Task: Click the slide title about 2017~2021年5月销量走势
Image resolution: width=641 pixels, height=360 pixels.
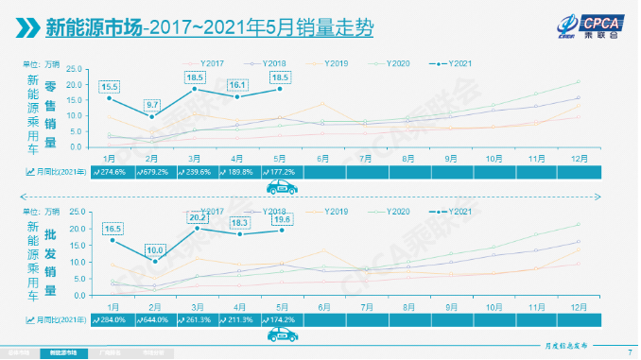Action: pyautogui.click(x=209, y=29)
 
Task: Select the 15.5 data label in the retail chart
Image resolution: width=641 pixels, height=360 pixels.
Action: pyautogui.click(x=110, y=86)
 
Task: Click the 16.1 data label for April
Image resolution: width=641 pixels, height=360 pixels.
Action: pyautogui.click(x=237, y=84)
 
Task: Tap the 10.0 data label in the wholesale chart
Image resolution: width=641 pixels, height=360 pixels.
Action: pyautogui.click(x=154, y=249)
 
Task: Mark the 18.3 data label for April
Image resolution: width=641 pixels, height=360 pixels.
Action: pyautogui.click(x=238, y=222)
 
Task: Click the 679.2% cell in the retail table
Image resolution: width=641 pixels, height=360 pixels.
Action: pyautogui.click(x=155, y=172)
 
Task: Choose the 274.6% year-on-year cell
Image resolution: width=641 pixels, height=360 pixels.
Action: pyautogui.click(x=113, y=172)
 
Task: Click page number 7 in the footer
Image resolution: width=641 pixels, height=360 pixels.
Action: pyautogui.click(x=629, y=351)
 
